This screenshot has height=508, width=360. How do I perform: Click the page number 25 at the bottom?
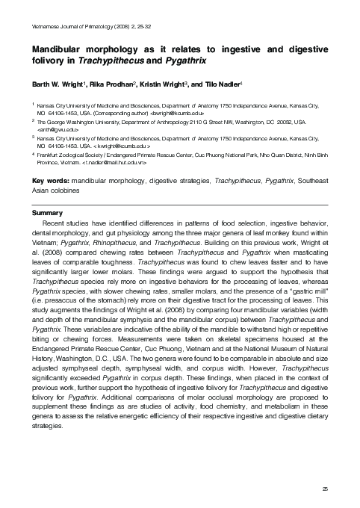(x=325, y=488)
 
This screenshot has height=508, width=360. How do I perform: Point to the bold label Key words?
(x=49, y=180)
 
